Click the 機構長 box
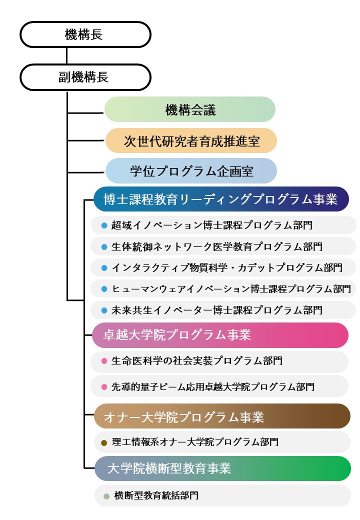[85, 34]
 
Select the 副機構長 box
[85, 77]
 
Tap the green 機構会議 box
[190, 109]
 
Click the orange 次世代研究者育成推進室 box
[190, 140]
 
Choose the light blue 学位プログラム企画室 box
[190, 171]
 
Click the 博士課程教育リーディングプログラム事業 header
[220, 199]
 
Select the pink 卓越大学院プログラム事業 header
[220, 335]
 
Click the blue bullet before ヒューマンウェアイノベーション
[104, 289]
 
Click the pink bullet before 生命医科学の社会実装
[104, 361]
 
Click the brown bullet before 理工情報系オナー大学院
[104, 442]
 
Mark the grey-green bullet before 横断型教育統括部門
[106, 496]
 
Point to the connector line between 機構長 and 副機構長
[66, 55]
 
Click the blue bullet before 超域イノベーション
[104, 225]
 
